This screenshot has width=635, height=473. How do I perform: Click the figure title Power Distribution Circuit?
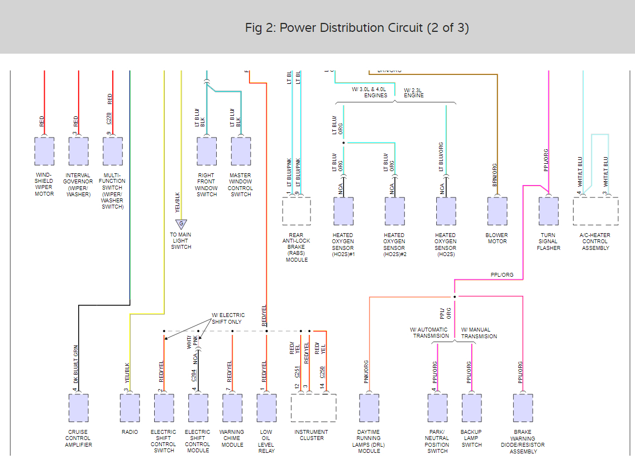click(357, 27)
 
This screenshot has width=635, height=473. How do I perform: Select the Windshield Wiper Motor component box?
click(44, 151)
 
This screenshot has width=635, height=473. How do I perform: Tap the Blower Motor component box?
click(497, 211)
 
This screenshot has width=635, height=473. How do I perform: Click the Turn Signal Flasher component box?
click(548, 211)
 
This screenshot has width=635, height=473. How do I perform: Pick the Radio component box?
click(130, 408)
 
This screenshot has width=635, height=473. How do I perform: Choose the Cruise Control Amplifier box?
click(78, 408)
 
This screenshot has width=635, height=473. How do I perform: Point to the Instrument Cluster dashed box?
click(313, 408)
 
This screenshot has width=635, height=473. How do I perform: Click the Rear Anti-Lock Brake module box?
click(296, 211)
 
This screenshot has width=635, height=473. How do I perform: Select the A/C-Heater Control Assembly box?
click(595, 211)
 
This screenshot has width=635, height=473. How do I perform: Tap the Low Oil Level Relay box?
click(266, 408)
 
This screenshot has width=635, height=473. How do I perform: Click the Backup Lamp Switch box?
click(471, 408)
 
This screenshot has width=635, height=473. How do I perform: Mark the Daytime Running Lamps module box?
click(369, 408)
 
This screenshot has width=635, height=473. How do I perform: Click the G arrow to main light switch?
click(181, 224)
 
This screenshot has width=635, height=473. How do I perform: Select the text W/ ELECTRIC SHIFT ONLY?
click(228, 318)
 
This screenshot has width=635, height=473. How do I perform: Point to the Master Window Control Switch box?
click(241, 151)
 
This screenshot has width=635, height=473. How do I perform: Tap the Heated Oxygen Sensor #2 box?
click(394, 211)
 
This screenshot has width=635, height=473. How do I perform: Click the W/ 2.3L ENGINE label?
click(414, 92)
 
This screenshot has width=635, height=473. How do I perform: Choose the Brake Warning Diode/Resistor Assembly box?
click(523, 408)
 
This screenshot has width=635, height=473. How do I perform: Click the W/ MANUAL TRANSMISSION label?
click(479, 333)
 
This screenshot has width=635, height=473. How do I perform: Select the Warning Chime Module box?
click(232, 408)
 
